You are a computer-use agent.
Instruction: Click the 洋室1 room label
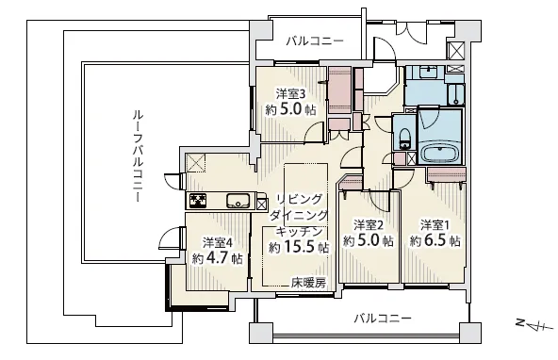pyautogui.click(x=435, y=225)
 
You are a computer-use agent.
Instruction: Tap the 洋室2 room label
pyautogui.click(x=369, y=225)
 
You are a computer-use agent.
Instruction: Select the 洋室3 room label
pyautogui.click(x=291, y=94)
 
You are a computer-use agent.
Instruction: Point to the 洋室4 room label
pyautogui.click(x=218, y=242)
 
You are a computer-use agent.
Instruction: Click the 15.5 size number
pyautogui.click(x=301, y=247)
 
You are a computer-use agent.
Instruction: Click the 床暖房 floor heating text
pyautogui.click(x=308, y=283)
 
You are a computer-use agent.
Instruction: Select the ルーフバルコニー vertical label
pyautogui.click(x=138, y=156)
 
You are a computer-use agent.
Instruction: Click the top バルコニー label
pyautogui.click(x=316, y=41)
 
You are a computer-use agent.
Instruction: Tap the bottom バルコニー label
pyautogui.click(x=383, y=318)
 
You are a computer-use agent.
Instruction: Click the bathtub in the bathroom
pyautogui.click(x=440, y=152)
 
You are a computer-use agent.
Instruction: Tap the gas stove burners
pyautogui.click(x=198, y=201)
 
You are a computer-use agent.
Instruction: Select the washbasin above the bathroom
pyautogui.click(x=426, y=73)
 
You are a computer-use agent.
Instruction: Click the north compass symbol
pyautogui.click(x=533, y=324)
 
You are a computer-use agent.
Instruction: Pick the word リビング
pyautogui.click(x=300, y=199)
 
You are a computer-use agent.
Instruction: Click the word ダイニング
pyautogui.click(x=299, y=215)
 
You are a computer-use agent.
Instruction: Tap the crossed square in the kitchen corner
pyautogui.click(x=195, y=162)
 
